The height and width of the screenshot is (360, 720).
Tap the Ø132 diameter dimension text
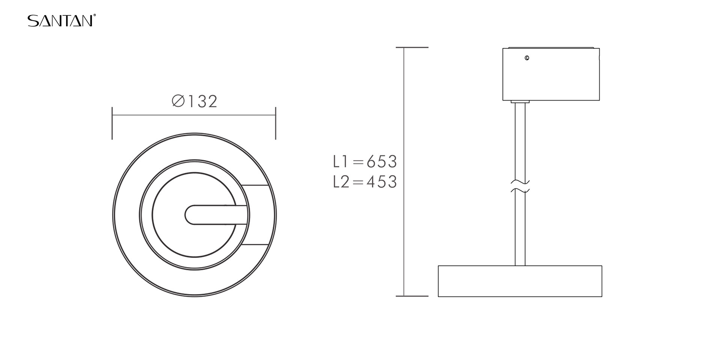[195, 101]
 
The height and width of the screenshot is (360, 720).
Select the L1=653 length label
[365, 162]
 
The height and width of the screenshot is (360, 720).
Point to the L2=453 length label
[365, 182]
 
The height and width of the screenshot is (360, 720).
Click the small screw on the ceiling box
[527, 58]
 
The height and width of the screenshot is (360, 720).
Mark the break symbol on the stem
[520, 186]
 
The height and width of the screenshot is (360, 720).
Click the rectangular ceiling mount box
[551, 74]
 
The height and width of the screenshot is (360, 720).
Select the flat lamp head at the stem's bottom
[520, 281]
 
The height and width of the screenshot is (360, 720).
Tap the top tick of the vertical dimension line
[412, 48]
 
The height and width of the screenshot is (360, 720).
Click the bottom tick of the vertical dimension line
[412, 296]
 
